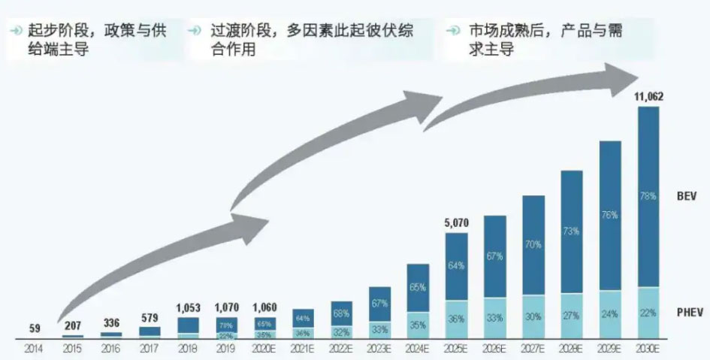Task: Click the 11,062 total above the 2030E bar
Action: (648, 97)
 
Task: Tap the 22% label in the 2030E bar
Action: (648, 313)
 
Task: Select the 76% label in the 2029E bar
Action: (610, 215)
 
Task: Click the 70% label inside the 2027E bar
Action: (533, 244)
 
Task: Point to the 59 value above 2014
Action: (35, 328)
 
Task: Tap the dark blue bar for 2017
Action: (150, 331)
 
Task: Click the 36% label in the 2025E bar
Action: (456, 318)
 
